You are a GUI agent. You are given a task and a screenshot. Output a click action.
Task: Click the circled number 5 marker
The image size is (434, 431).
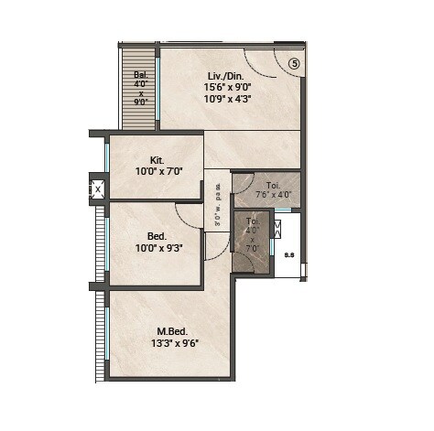[294, 63]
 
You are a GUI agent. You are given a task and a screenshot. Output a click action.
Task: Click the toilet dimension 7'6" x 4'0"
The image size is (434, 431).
[272, 194]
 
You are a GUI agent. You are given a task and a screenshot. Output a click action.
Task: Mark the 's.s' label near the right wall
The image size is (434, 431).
[288, 255]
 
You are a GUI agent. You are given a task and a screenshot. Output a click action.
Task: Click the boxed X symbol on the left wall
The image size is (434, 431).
[98, 189]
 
